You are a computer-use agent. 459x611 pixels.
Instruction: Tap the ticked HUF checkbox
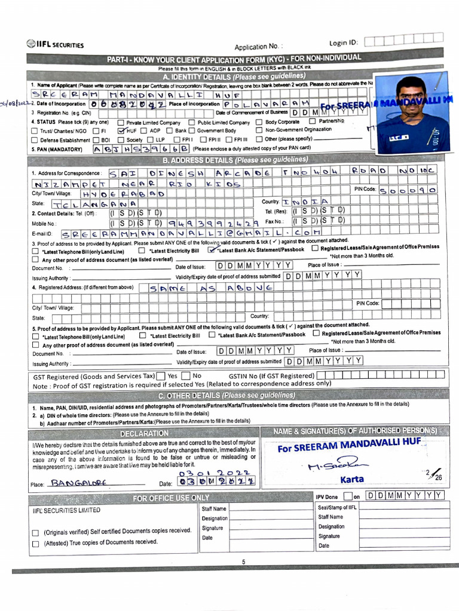pyautogui.click(x=121, y=130)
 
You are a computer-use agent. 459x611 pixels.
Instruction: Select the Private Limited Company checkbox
pyautogui.click(x=121, y=122)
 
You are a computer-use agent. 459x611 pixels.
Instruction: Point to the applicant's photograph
pyautogui.click(x=413, y=114)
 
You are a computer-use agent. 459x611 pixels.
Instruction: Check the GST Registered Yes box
pyautogui.click(x=161, y=376)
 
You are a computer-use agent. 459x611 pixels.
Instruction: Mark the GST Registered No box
pyautogui.click(x=186, y=376)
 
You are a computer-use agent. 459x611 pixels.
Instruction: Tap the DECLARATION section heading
pyautogui.click(x=145, y=433)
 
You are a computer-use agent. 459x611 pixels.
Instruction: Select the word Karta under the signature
pyautogui.click(x=352, y=479)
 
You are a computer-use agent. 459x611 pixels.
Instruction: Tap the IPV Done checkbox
pyautogui.click(x=348, y=496)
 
